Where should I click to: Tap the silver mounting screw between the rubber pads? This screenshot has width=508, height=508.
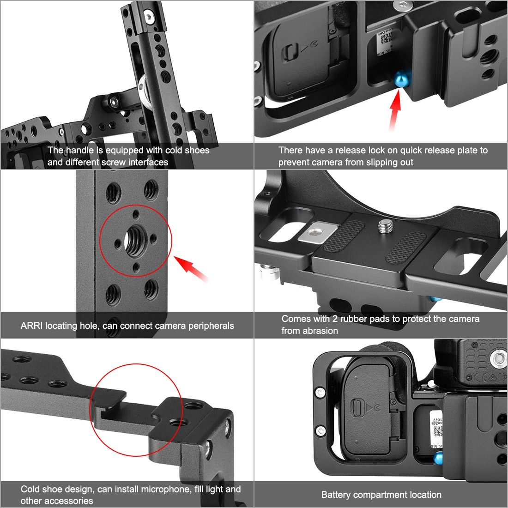(x=385, y=226)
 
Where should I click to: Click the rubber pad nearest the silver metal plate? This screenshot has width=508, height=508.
(x=345, y=236)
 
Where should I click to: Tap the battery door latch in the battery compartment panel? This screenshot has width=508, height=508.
(x=357, y=408)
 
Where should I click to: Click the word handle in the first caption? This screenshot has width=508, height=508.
(x=80, y=150)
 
